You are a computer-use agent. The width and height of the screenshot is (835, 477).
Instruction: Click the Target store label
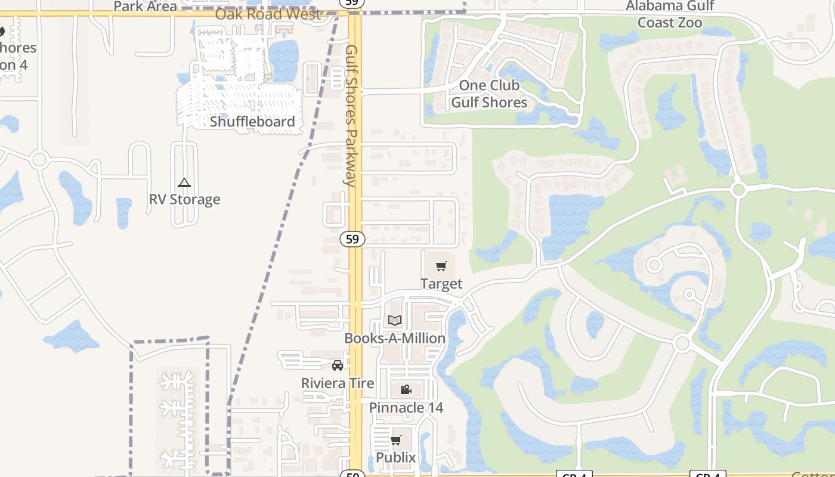click(x=441, y=284)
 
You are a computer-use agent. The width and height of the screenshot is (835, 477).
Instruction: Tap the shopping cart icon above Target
click(x=441, y=267)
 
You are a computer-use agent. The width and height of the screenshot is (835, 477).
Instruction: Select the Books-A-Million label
click(x=395, y=338)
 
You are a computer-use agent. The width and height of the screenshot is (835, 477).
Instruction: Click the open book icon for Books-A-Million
click(x=395, y=320)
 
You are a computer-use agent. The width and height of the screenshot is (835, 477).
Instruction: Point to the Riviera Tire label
click(x=338, y=383)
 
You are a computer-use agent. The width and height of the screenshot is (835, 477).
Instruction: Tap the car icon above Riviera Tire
click(x=338, y=366)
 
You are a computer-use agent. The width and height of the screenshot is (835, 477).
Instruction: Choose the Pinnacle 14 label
click(x=406, y=408)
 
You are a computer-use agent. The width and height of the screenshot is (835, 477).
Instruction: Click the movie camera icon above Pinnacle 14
click(x=406, y=390)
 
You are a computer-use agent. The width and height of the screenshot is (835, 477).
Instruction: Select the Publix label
click(x=395, y=457)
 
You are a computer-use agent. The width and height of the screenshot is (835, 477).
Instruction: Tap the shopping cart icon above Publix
click(x=395, y=441)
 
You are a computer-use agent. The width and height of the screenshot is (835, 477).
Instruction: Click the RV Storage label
click(x=184, y=199)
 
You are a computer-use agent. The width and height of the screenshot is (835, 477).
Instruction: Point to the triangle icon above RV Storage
click(x=184, y=182)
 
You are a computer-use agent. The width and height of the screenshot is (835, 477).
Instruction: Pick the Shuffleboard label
click(x=252, y=122)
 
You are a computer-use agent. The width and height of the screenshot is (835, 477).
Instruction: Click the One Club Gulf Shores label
click(x=489, y=94)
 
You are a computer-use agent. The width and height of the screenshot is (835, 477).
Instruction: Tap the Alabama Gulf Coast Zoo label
click(x=670, y=14)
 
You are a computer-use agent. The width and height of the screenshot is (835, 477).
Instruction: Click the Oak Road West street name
click(x=267, y=14)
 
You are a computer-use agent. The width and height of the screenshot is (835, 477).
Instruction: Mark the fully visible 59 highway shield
click(x=352, y=239)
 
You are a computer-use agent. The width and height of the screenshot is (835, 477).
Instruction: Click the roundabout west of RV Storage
click(x=39, y=159)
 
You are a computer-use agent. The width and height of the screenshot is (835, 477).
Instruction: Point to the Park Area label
click(x=145, y=7)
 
